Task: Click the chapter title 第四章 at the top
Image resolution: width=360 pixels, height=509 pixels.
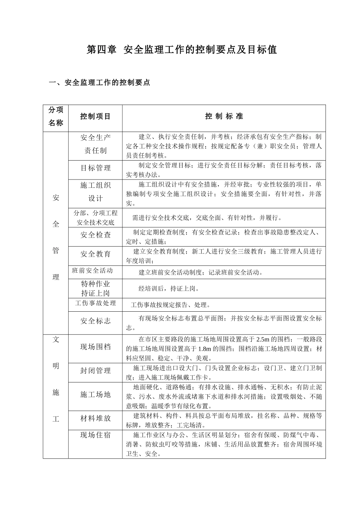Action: click(x=102, y=50)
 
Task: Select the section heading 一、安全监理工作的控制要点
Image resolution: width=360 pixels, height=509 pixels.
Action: click(x=100, y=83)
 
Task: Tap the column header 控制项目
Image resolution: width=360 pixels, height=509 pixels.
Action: click(x=95, y=117)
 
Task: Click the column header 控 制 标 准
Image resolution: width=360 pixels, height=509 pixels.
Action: click(x=224, y=117)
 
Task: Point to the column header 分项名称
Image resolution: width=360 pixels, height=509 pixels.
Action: click(x=56, y=117)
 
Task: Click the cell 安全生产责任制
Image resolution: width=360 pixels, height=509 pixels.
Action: click(x=95, y=144)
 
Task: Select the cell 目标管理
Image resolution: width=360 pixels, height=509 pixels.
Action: click(x=95, y=168)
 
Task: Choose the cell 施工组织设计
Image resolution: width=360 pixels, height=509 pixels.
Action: click(x=95, y=192)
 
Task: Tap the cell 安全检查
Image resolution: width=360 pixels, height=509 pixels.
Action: click(x=95, y=235)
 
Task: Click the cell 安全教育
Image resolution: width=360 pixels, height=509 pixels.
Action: click(x=95, y=254)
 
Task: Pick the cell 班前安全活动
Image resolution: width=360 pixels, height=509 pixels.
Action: click(x=92, y=270)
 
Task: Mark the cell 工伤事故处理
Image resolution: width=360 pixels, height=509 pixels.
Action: click(x=95, y=303)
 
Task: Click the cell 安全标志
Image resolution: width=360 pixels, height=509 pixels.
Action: click(x=95, y=321)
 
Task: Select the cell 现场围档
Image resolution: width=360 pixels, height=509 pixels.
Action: click(x=95, y=347)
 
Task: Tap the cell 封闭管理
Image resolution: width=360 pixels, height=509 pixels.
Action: click(x=95, y=371)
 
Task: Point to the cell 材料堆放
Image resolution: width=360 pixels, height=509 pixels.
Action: click(x=95, y=418)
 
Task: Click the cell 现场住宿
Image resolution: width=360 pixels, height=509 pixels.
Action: click(x=95, y=435)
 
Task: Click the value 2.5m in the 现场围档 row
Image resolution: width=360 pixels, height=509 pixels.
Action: click(x=263, y=339)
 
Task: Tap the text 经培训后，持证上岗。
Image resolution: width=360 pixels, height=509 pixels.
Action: click(x=169, y=289)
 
